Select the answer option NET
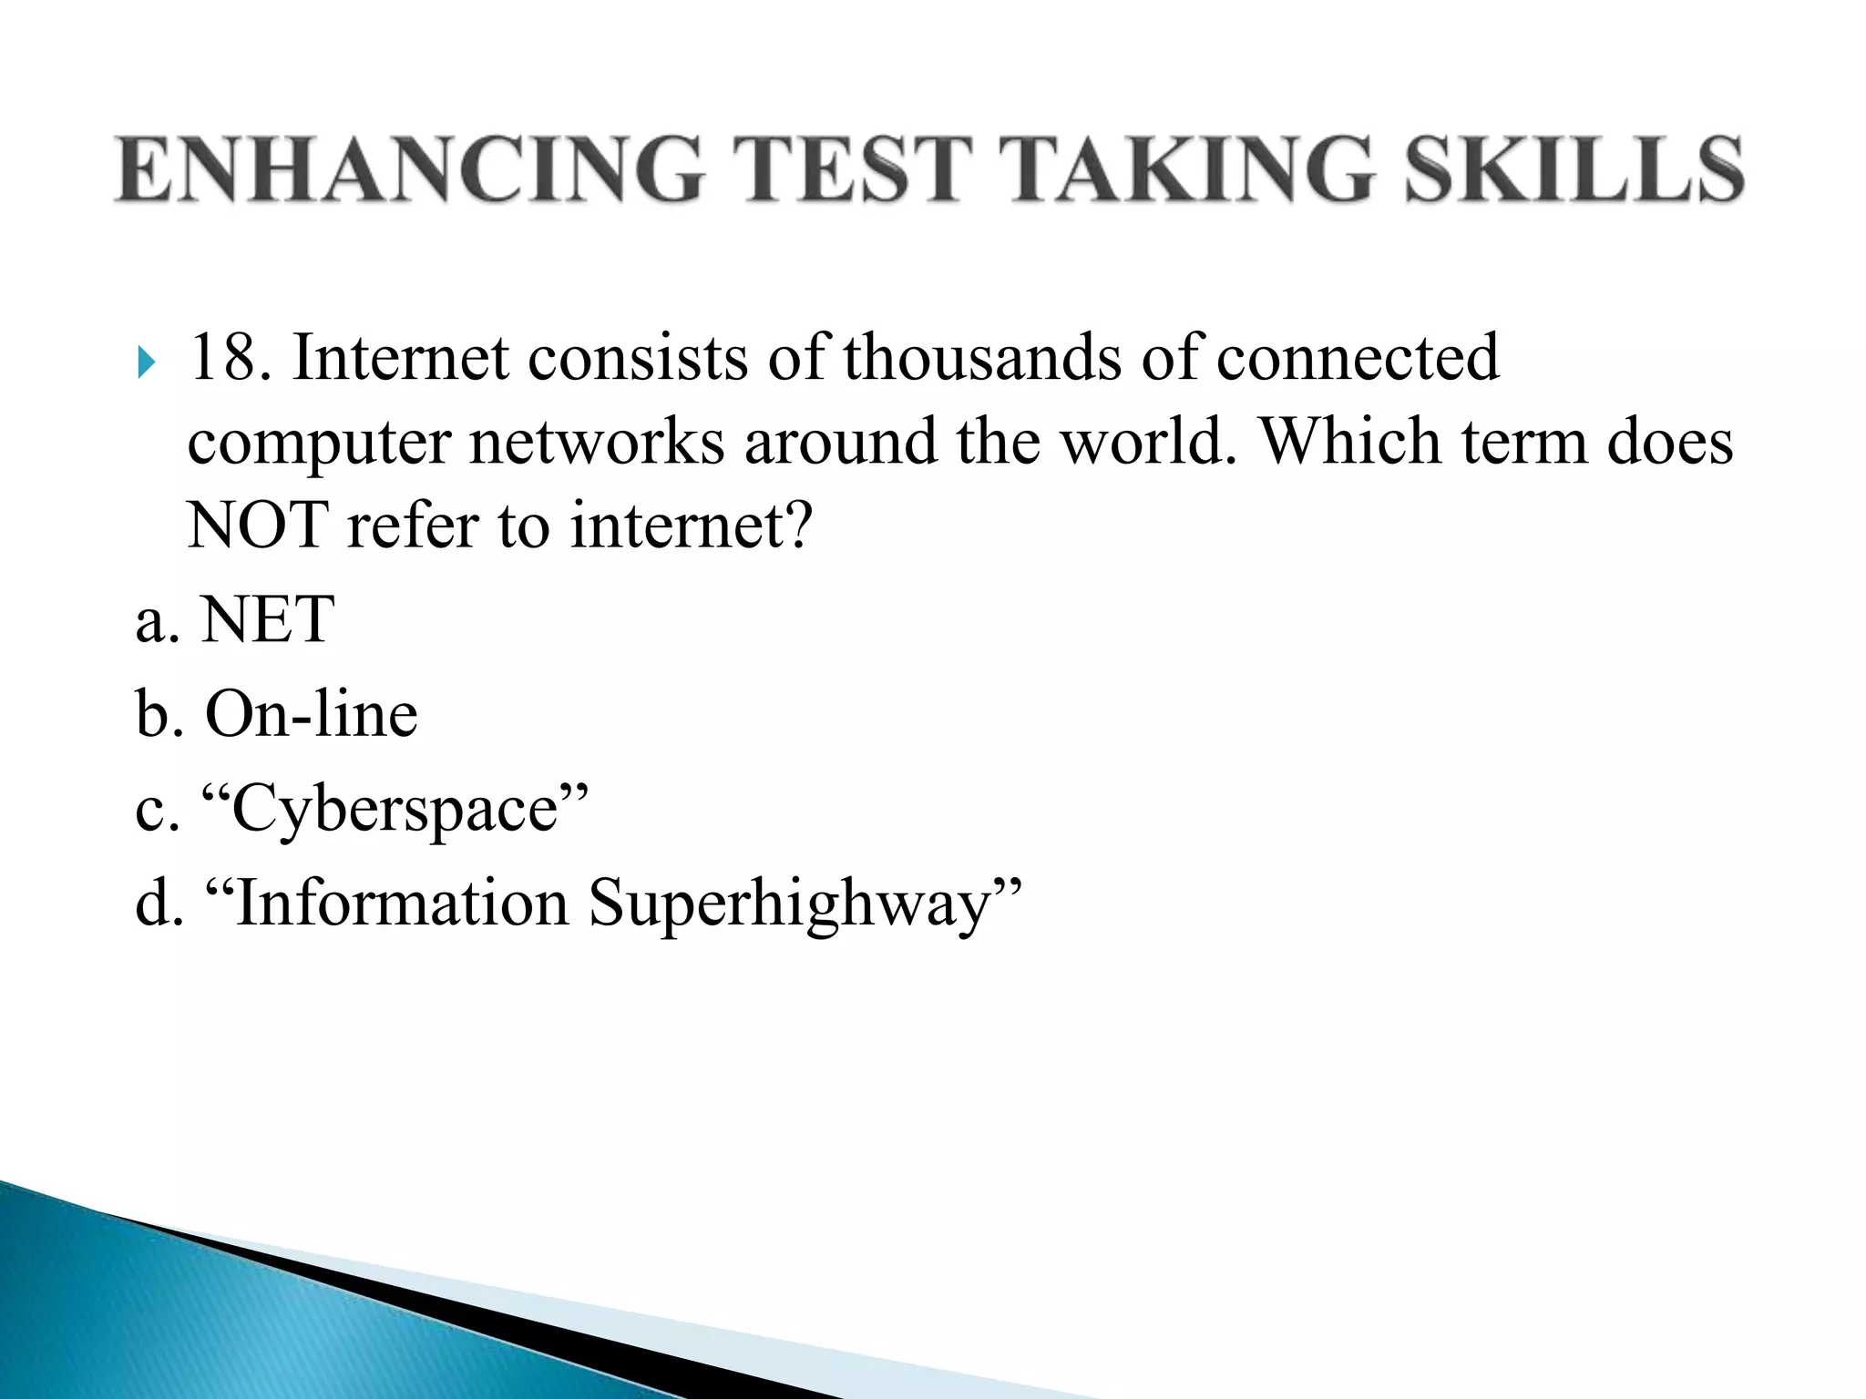[x=267, y=619]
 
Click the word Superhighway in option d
[x=789, y=904]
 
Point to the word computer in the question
[x=319, y=444]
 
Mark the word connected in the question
[x=1358, y=357]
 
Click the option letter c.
[x=151, y=809]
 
